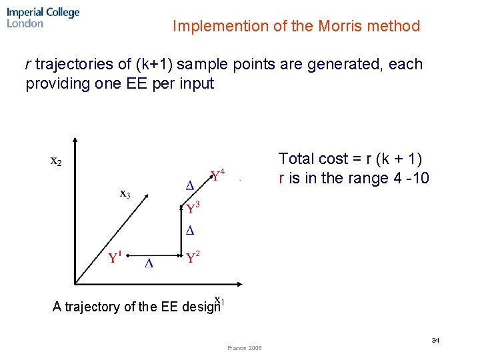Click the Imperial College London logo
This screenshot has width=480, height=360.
click(x=43, y=17)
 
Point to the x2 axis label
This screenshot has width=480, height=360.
click(x=57, y=161)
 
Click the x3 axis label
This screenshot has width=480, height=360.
click(x=125, y=194)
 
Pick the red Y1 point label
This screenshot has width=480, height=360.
click(x=115, y=257)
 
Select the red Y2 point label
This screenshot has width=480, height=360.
click(x=193, y=257)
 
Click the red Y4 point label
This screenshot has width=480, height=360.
click(x=217, y=175)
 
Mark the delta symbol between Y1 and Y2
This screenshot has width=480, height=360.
click(x=149, y=263)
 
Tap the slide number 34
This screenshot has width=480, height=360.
click(x=435, y=341)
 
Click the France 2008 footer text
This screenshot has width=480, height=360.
click(x=244, y=348)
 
